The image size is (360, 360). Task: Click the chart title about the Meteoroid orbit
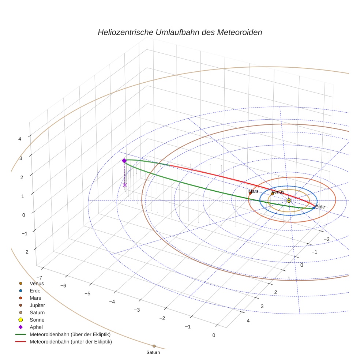[180, 32]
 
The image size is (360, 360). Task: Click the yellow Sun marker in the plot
[289, 200]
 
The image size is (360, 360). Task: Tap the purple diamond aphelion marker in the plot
[124, 161]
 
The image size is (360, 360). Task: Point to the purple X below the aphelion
[125, 185]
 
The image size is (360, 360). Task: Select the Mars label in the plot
[253, 191]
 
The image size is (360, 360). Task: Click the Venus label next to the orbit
[278, 192]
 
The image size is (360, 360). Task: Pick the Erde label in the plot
[320, 207]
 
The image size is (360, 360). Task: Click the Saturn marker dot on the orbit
[154, 346]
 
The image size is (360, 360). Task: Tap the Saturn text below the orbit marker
[153, 352]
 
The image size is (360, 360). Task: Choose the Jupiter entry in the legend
[37, 305]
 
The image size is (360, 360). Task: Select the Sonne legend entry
[37, 320]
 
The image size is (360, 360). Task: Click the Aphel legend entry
[37, 327]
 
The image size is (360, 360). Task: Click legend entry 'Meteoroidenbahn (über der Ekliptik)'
[70, 334]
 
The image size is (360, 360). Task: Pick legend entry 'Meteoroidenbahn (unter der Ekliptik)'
[71, 342]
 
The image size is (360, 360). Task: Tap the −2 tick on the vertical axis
[25, 252]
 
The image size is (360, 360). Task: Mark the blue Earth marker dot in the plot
[314, 208]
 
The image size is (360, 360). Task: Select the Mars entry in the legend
[35, 298]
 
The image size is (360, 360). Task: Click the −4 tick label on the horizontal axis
[112, 302]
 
